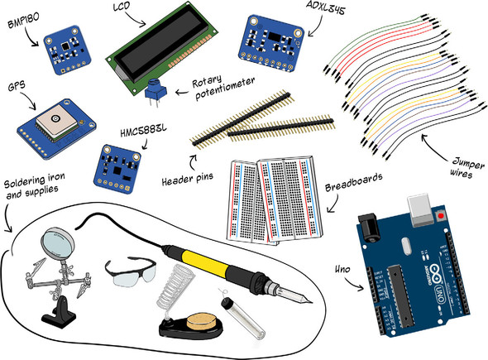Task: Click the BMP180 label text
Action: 24,21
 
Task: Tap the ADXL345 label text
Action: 326,7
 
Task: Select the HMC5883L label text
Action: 143,130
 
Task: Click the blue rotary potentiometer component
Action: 155,91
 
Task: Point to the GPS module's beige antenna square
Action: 56,122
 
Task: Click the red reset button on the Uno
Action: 441,215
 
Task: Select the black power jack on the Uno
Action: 370,228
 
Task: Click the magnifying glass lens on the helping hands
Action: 58,242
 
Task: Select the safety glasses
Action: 131,271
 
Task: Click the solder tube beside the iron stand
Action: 243,319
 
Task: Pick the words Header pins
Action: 188,179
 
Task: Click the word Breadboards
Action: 354,183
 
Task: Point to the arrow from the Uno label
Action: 354,284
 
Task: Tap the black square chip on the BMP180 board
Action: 65,46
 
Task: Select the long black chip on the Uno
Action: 400,295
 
